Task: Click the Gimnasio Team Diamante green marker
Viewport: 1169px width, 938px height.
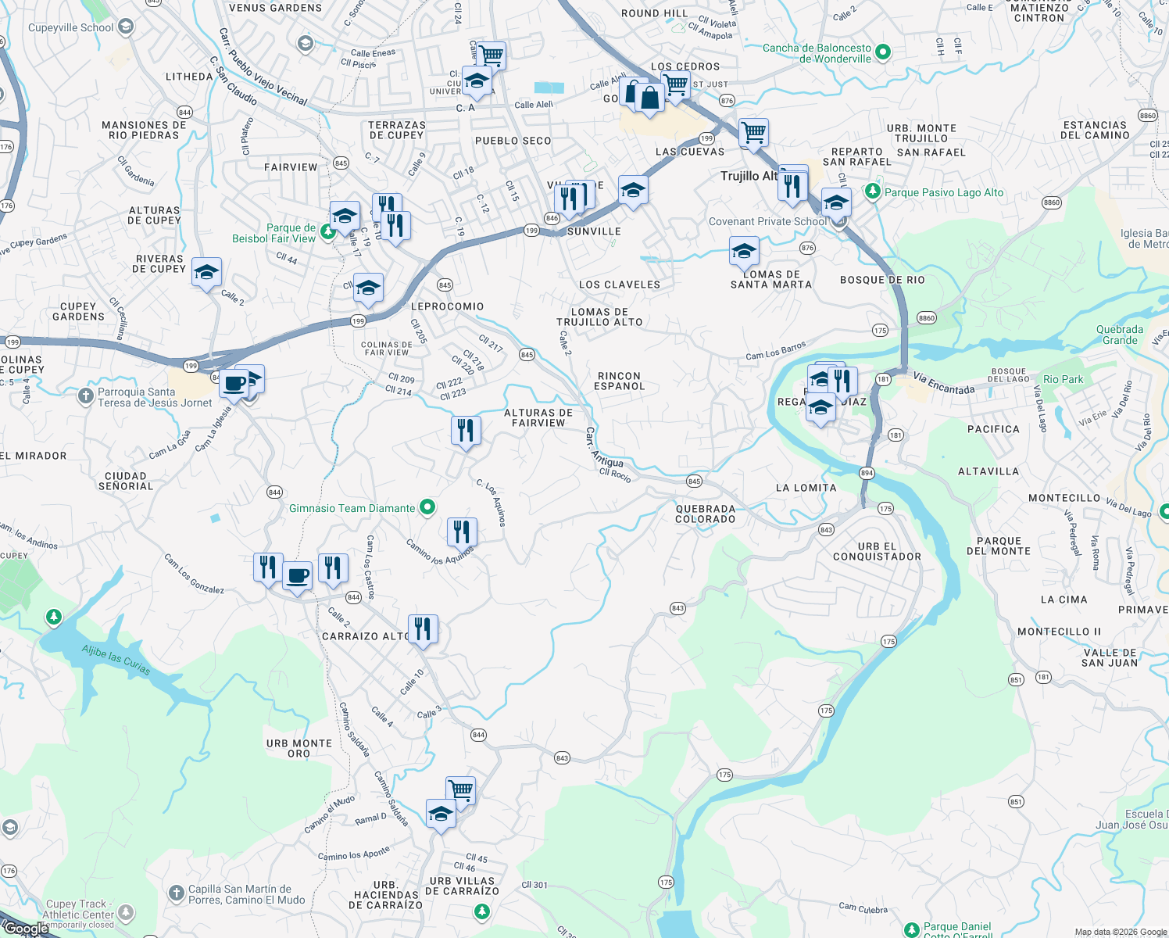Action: tap(427, 508)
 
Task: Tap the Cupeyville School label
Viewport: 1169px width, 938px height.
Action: tap(71, 27)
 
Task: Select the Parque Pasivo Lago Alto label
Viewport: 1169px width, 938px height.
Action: tap(943, 192)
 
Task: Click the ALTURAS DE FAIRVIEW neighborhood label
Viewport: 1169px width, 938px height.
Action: tap(538, 417)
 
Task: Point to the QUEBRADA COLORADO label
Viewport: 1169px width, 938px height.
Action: tap(705, 514)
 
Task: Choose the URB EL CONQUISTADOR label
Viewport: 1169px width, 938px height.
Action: tap(877, 552)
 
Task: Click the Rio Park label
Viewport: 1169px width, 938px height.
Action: tap(1063, 379)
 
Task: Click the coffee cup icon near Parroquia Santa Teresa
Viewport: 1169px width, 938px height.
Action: tap(234, 384)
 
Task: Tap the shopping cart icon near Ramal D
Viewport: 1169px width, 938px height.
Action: tap(461, 790)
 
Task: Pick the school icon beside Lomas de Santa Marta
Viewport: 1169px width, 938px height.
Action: tap(744, 252)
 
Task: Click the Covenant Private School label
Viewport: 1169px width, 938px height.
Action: tap(767, 222)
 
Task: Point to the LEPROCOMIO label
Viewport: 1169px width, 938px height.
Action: tap(447, 306)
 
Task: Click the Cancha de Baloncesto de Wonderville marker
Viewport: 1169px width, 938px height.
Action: tap(883, 52)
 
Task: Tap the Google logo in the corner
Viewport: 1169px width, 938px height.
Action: tap(25, 929)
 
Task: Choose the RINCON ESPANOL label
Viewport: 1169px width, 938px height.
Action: tap(619, 381)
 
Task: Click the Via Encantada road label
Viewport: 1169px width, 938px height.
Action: tap(944, 384)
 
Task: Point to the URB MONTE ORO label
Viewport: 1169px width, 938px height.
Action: tap(299, 748)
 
